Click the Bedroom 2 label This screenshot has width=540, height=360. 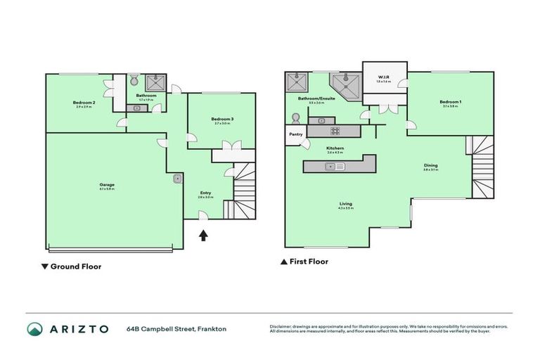click(x=83, y=103)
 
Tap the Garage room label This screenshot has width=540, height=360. click(x=107, y=185)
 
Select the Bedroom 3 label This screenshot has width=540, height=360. click(x=222, y=120)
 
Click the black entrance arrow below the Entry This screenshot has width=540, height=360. click(x=203, y=236)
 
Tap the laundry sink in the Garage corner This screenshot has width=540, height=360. click(x=176, y=179)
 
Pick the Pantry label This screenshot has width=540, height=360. click(x=295, y=134)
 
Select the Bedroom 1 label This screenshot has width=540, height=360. click(x=450, y=103)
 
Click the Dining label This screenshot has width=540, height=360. click(x=430, y=167)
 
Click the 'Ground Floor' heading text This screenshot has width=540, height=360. click(x=76, y=266)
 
